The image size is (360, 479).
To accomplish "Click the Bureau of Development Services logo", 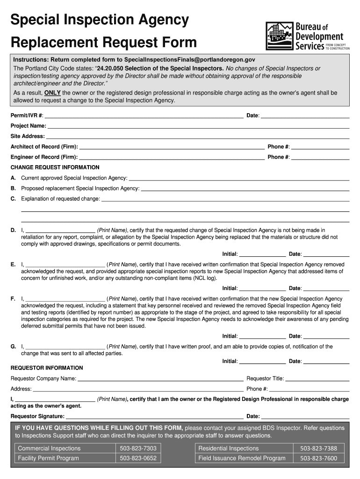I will [307, 36].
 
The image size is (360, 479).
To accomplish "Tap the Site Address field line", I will [197, 138].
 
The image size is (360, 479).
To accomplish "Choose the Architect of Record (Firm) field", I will [171, 148].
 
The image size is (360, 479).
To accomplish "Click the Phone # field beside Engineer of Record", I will [320, 159].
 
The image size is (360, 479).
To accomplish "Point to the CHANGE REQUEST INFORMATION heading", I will [55, 167].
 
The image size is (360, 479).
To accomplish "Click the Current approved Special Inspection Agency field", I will [238, 179].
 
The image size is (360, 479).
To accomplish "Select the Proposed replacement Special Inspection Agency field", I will [245, 189].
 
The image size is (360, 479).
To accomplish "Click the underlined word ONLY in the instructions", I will [52, 93].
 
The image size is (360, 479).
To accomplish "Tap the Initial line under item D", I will [262, 255].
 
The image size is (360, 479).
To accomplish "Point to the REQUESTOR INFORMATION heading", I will [47, 368].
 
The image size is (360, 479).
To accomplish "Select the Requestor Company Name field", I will [160, 380].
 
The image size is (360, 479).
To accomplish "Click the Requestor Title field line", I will [317, 380].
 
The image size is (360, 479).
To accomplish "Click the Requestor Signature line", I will [154, 417].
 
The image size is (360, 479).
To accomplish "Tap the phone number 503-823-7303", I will [138, 449].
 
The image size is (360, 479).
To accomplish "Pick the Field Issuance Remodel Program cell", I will [242, 458].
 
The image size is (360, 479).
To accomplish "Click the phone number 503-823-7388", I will [318, 449].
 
